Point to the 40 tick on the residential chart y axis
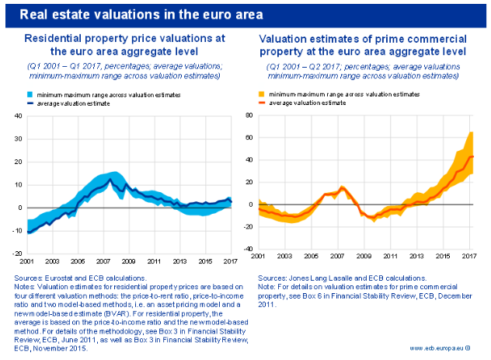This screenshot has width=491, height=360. (16, 117)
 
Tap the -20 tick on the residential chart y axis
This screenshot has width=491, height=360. (16, 253)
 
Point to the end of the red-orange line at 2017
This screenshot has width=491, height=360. (473, 156)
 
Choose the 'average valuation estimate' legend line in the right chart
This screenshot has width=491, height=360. (263, 103)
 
